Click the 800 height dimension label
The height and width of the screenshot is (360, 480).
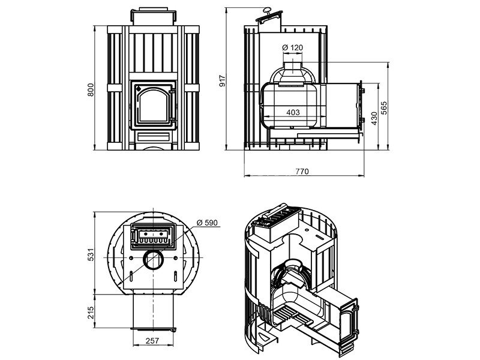91,89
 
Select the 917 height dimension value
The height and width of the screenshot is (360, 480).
223,80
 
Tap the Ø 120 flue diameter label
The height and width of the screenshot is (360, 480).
292,47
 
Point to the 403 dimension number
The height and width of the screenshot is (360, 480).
293,112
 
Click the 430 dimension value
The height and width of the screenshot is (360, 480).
374,118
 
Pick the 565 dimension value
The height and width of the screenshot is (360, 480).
383,108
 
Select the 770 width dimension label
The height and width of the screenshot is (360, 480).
302,172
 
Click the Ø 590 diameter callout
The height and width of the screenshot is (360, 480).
207,223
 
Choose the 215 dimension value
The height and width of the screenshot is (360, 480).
91,312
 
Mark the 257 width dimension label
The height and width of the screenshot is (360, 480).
152,340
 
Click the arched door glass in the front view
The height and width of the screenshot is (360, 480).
154,104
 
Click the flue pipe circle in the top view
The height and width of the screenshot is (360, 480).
154,260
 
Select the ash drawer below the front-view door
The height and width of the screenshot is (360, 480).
154,137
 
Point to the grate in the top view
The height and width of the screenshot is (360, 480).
154,235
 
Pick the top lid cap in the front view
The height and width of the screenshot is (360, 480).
154,16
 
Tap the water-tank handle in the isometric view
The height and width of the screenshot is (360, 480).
274,211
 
